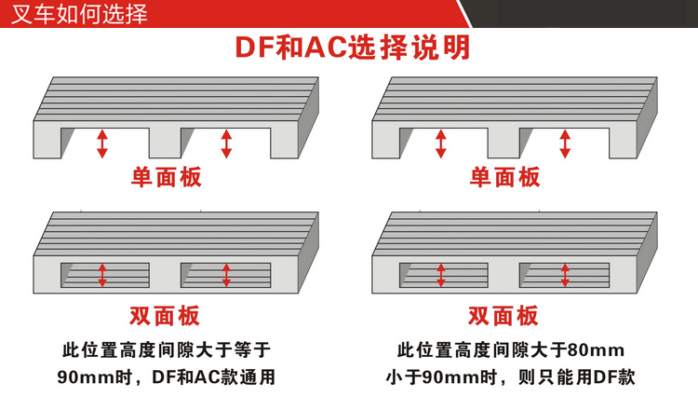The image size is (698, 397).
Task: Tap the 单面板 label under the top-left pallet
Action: pyautogui.click(x=165, y=176)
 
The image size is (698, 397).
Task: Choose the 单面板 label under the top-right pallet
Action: pyautogui.click(x=503, y=176)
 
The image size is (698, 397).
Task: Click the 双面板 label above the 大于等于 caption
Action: pyautogui.click(x=165, y=315)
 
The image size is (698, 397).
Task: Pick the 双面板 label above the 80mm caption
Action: pyautogui.click(x=503, y=315)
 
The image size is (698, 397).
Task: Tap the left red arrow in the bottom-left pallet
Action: pyautogui.click(x=102, y=275)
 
